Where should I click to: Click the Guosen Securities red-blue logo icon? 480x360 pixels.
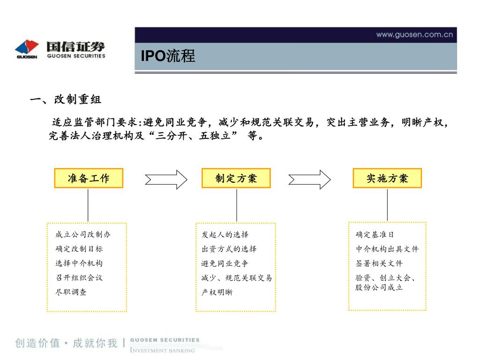point(27,47)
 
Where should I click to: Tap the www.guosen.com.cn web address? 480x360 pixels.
point(414,34)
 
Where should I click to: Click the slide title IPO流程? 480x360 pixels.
point(168,56)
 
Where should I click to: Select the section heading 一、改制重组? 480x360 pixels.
point(65,100)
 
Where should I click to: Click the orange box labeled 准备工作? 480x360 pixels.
point(89,178)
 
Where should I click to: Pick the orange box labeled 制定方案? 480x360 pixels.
point(236,178)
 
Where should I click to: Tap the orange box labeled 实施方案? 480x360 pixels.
point(387,178)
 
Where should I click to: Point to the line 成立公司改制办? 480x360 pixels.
point(83,234)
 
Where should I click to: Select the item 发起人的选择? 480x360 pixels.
point(225,234)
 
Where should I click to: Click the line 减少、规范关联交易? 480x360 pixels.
point(237,278)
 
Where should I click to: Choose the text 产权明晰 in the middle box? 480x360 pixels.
point(217,292)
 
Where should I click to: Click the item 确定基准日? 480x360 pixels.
point(375,234)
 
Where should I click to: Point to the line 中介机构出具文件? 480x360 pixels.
point(387,249)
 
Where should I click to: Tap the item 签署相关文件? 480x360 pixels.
point(379,263)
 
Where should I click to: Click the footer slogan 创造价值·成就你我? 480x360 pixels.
point(66,343)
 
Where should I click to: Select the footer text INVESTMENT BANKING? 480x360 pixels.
point(162,350)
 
